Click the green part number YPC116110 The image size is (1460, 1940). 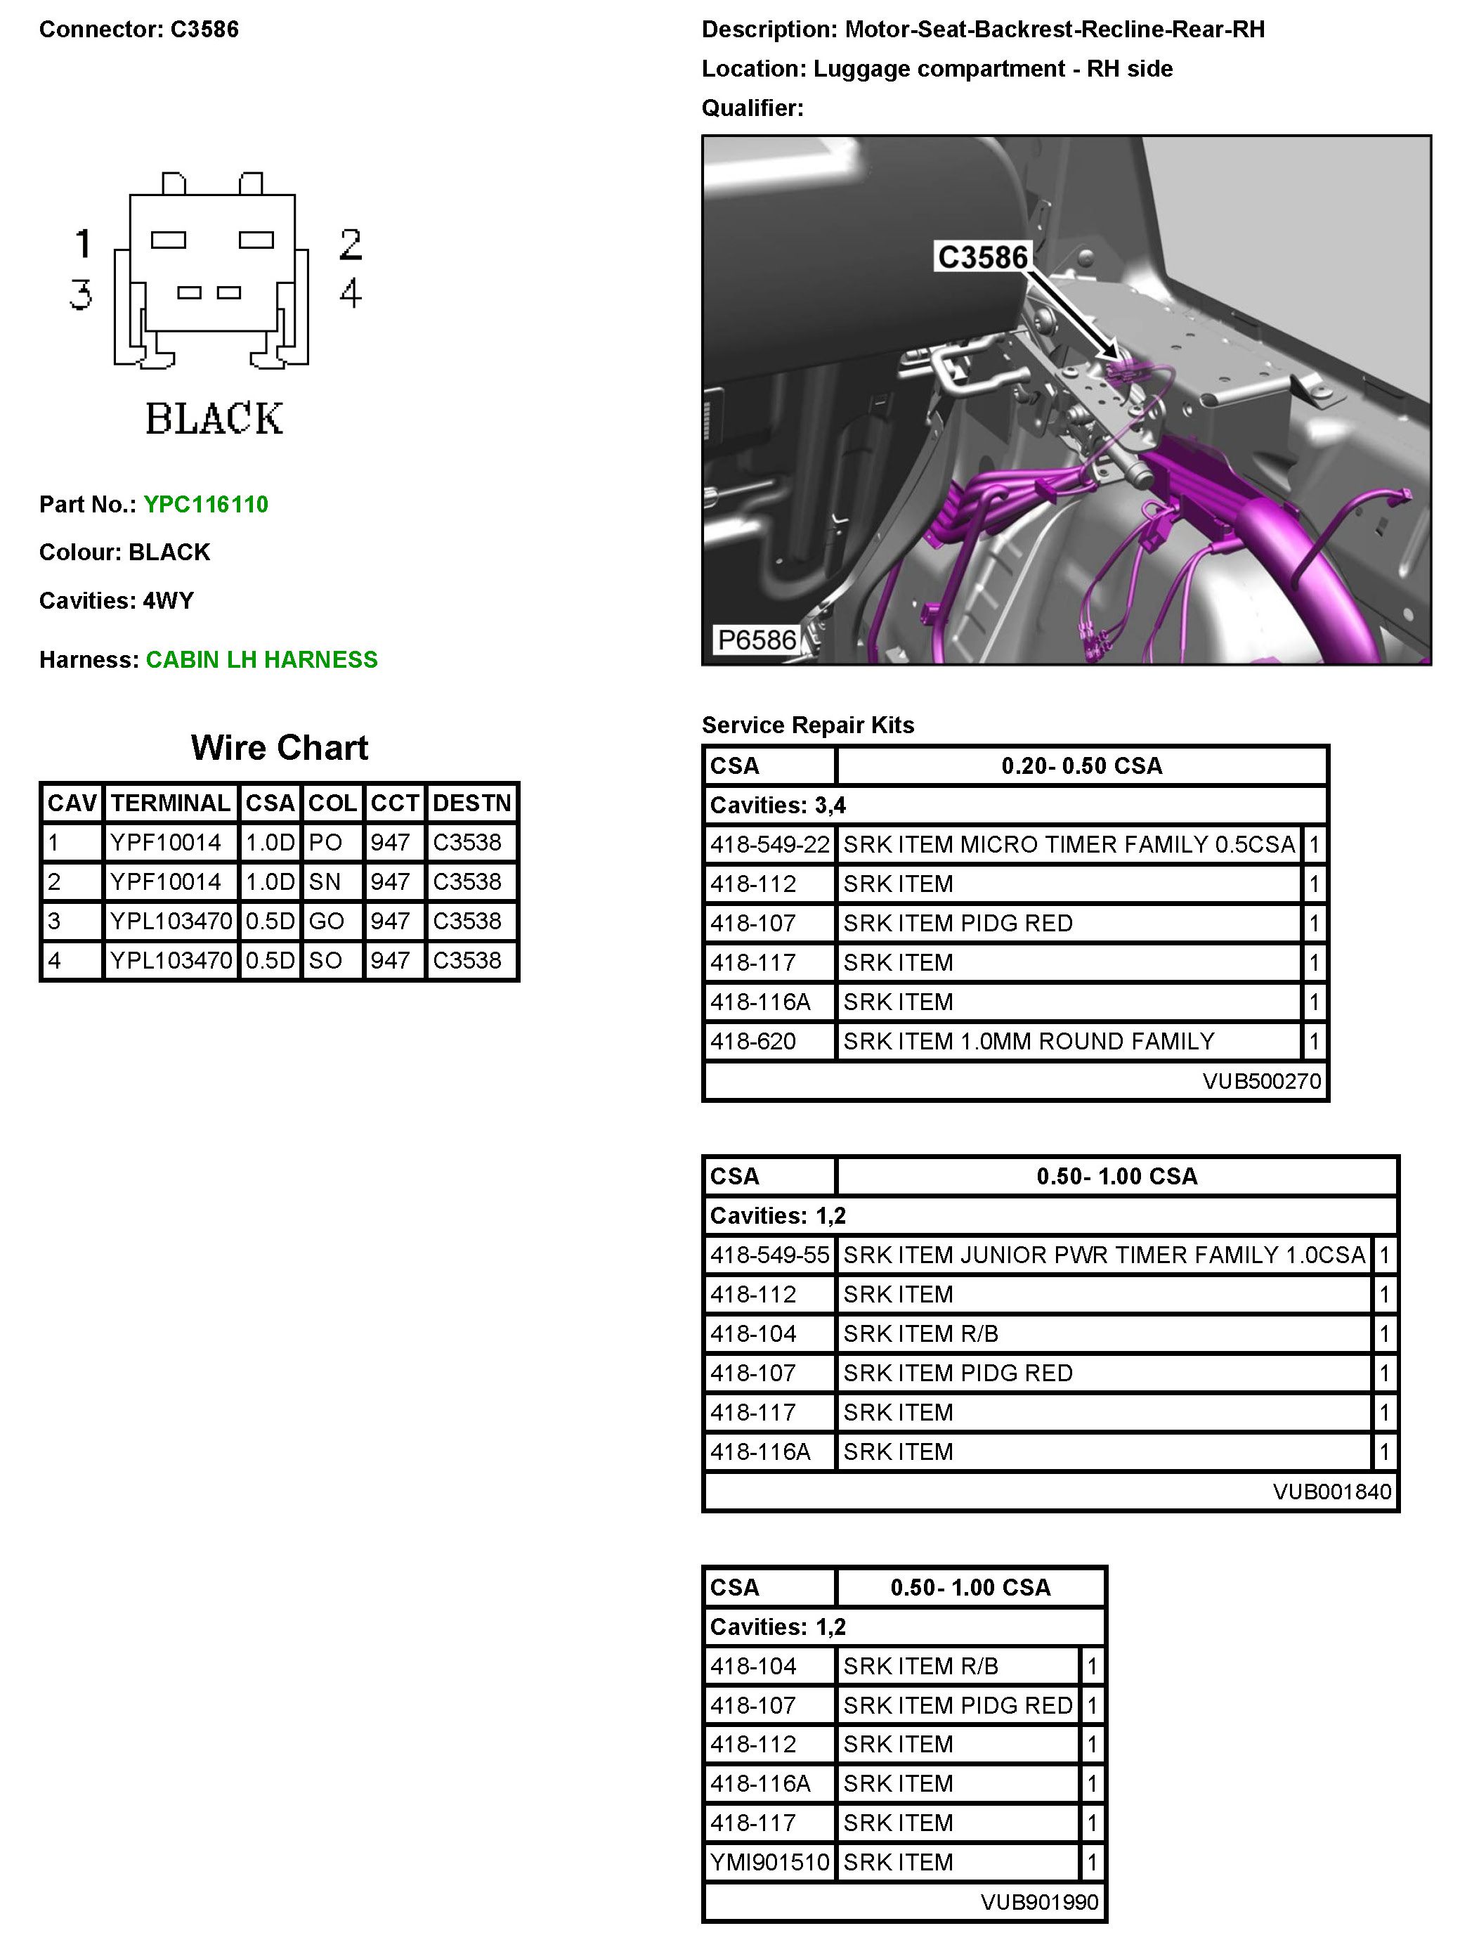(x=206, y=504)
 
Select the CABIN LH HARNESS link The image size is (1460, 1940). (x=261, y=659)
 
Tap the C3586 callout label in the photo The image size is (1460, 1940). (x=982, y=258)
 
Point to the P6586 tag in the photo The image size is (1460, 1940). (x=757, y=640)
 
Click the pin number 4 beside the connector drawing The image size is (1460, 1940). (x=351, y=293)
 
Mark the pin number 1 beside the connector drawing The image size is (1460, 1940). (x=84, y=244)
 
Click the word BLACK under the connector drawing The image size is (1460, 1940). (x=214, y=418)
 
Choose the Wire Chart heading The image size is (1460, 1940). (x=279, y=748)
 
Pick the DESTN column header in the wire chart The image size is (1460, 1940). (x=471, y=803)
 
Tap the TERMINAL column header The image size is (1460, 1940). (x=170, y=803)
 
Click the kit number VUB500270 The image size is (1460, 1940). (x=1261, y=1080)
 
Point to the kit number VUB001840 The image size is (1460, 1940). (x=1331, y=1491)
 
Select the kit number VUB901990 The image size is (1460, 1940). (x=1039, y=1901)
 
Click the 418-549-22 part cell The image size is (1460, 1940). (x=769, y=845)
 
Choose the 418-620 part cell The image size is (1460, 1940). (x=753, y=1041)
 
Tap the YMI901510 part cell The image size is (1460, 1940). (x=769, y=1862)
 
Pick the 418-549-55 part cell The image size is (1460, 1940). (x=769, y=1255)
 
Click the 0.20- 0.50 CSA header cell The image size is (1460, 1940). (x=1081, y=765)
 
